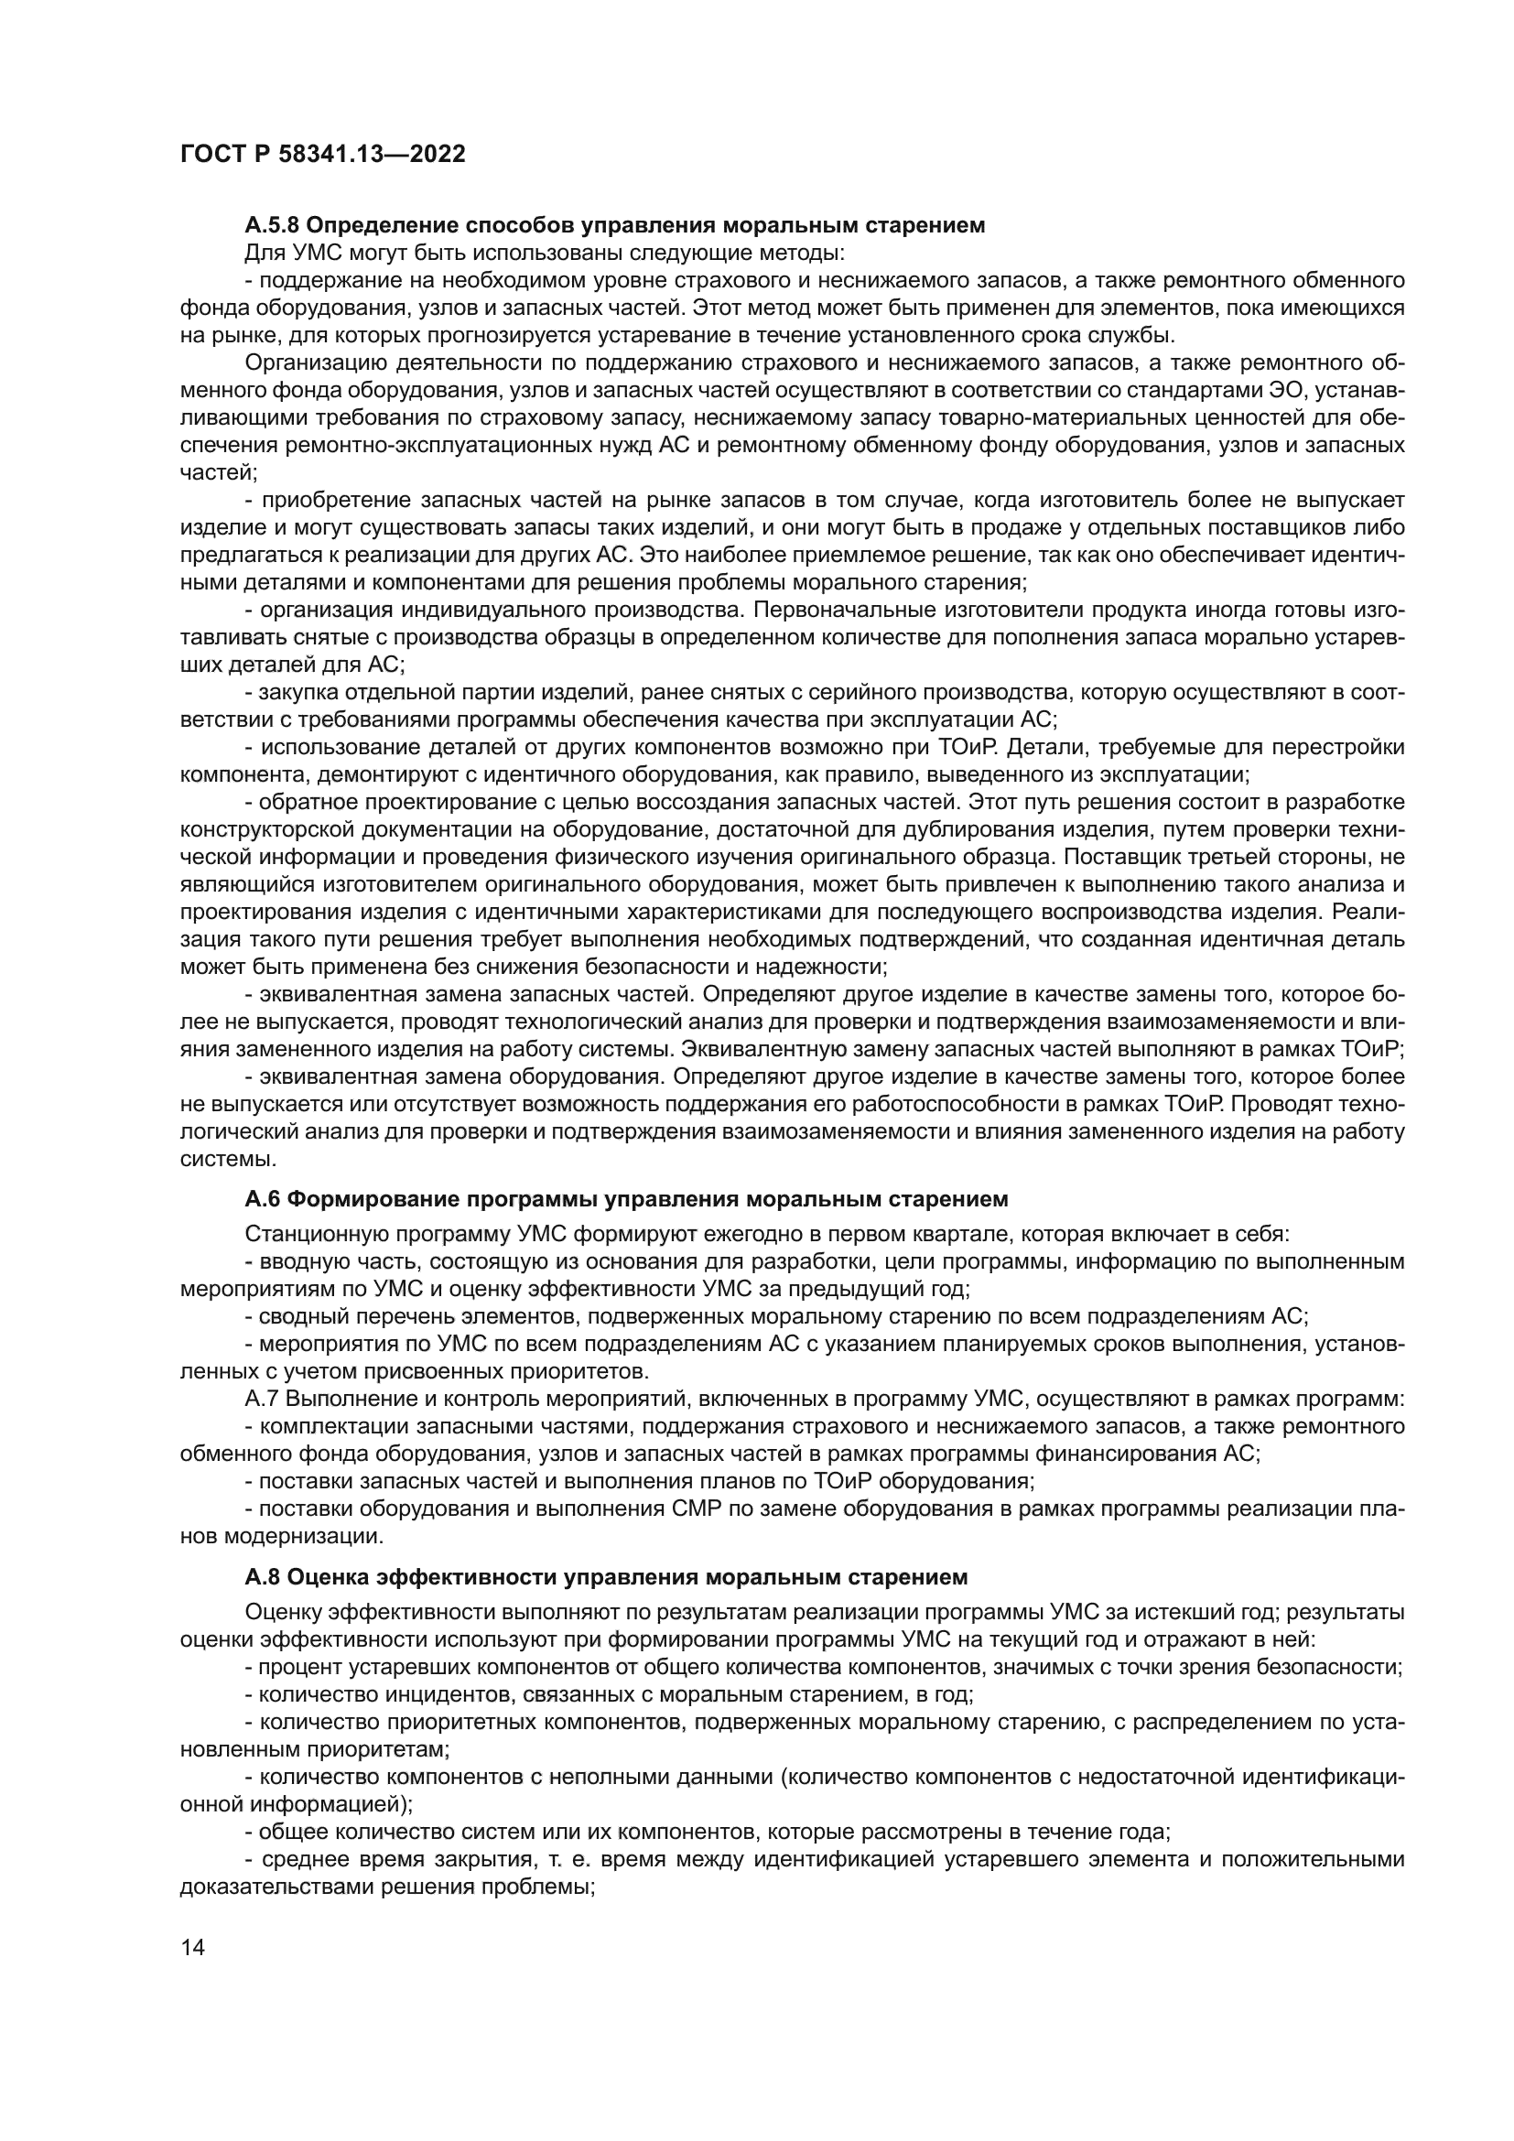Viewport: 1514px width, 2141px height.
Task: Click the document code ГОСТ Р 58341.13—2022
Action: [x=322, y=155]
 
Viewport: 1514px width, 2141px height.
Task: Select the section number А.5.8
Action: [x=271, y=225]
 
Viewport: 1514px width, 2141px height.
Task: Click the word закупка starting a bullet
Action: [x=296, y=692]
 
